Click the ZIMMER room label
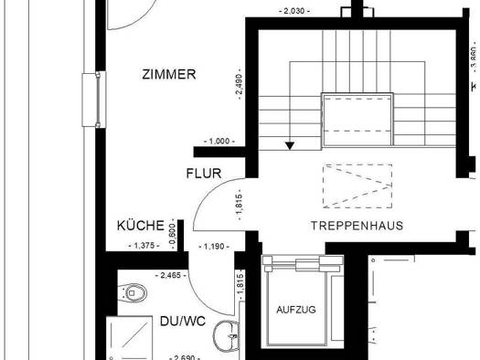tap(169, 74)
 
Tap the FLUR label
tap(204, 174)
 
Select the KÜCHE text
tap(141, 226)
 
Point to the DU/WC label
tap(183, 321)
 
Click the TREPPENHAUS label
tap(357, 226)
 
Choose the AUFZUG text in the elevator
tap(296, 310)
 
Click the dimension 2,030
tap(294, 11)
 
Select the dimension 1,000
tap(219, 142)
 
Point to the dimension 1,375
tap(144, 246)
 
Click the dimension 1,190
tap(214, 246)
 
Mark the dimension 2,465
tap(171, 275)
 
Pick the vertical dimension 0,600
tap(173, 233)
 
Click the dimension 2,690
tap(186, 357)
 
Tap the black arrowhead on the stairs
tap(290, 146)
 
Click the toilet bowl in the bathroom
tap(133, 293)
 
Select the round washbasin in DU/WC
tap(227, 336)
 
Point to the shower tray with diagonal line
tap(129, 338)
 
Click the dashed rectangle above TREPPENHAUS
tap(357, 186)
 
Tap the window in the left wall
tap(94, 100)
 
